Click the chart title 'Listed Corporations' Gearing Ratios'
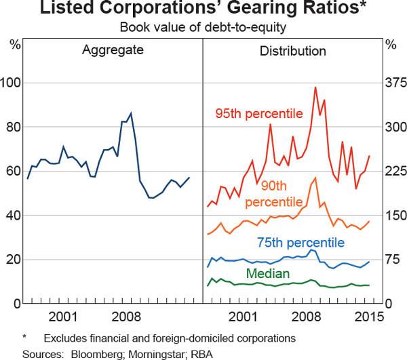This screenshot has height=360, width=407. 203,9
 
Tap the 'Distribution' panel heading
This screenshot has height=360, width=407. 293,51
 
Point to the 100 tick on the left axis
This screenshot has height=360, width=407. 12,83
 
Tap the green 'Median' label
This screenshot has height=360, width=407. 268,274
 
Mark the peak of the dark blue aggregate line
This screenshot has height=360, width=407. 131,113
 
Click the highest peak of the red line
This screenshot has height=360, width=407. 315,87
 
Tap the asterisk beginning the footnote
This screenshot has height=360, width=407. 24,337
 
